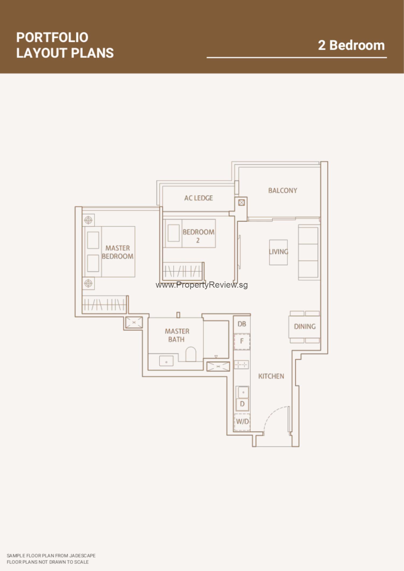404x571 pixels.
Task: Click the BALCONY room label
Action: tap(283, 190)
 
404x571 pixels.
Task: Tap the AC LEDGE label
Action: tap(198, 198)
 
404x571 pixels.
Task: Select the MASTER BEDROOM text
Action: tap(118, 252)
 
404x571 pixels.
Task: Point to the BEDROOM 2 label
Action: tap(198, 236)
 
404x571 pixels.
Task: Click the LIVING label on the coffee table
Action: tap(278, 252)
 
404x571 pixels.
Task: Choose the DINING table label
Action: tap(305, 327)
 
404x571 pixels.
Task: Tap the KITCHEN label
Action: tap(271, 376)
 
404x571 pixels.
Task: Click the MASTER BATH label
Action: tap(177, 335)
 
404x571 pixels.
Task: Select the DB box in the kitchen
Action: tap(242, 324)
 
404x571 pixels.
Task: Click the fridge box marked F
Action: tap(242, 341)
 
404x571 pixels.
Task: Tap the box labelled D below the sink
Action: tap(242, 404)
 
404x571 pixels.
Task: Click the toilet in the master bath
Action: tap(191, 354)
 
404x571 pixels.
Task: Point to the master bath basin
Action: tap(166, 361)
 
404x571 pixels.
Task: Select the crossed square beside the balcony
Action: tap(242, 203)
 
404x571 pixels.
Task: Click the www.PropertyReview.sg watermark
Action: tap(202, 285)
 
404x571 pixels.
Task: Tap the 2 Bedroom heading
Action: tap(351, 45)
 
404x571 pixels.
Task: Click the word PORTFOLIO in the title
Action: tap(52, 37)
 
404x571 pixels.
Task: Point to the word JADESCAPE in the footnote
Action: tap(82, 556)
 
